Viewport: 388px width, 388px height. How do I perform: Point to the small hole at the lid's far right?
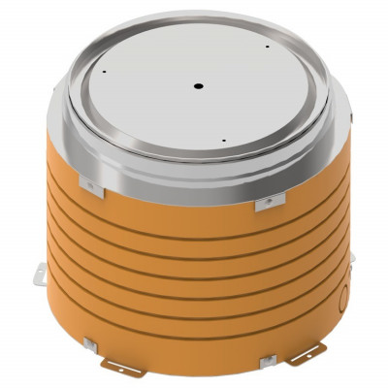tap(267, 46)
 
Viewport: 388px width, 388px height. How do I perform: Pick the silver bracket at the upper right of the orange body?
tap(270, 202)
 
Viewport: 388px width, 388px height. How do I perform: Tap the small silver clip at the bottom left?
tap(89, 346)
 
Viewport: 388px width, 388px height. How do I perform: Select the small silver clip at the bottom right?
tap(268, 361)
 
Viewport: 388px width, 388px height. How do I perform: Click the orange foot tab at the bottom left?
tap(124, 369)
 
